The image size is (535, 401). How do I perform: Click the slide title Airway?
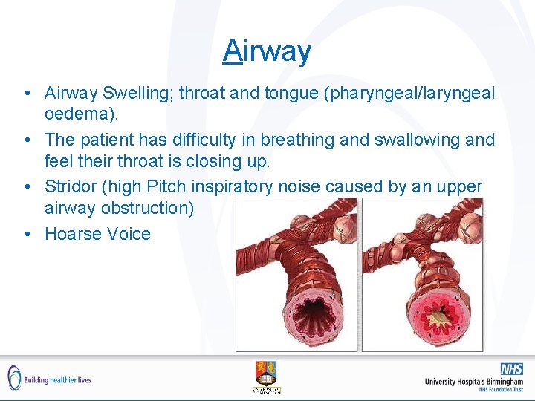(x=267, y=51)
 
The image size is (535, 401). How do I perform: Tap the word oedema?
(x=78, y=115)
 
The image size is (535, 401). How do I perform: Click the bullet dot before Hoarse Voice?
(x=27, y=234)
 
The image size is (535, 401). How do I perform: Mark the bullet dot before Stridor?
(x=27, y=186)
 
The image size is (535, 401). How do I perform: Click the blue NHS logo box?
(x=511, y=369)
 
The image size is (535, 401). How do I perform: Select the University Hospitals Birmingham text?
(x=473, y=381)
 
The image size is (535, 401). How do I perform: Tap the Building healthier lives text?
(x=57, y=379)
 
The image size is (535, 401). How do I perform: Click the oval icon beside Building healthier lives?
(x=14, y=378)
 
